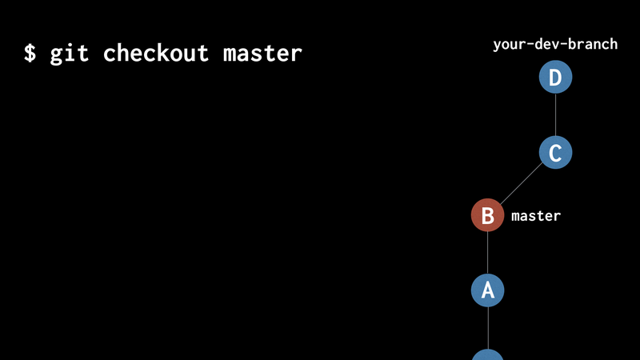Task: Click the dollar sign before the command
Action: click(30, 54)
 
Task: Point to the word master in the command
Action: click(262, 54)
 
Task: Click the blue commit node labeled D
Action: click(555, 78)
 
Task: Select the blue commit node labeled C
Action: click(555, 152)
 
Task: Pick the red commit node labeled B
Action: click(487, 216)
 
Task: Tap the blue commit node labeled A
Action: click(487, 290)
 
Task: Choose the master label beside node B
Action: click(536, 216)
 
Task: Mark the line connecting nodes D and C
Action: click(555, 115)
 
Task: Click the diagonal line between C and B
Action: click(521, 184)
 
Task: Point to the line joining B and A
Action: click(487, 253)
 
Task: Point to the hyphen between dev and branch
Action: click(563, 45)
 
